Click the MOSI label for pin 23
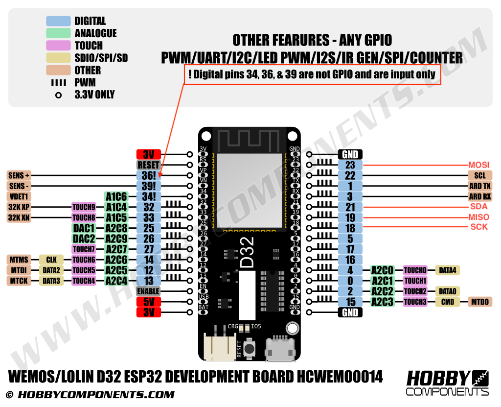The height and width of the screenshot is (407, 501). pos(478,165)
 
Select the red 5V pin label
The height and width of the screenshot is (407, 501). pos(148,302)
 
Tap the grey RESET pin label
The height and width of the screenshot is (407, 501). pos(148,165)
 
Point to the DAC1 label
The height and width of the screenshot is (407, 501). pos(84,228)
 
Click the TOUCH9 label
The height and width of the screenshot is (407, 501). pos(84,207)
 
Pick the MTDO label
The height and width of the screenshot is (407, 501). pos(479,302)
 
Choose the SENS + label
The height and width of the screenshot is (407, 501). pos(19,175)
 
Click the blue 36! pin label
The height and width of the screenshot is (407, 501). pos(148,175)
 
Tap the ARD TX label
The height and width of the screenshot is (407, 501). pos(479,186)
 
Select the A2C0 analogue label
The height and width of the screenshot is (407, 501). pos(382,270)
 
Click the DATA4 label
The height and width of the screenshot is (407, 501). pos(447,270)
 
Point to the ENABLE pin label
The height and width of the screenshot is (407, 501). pos(148,291)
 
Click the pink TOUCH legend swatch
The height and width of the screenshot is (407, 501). pos(58,46)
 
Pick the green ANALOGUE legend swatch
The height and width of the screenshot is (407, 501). pos(58,33)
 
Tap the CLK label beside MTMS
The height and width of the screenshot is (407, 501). pos(51,260)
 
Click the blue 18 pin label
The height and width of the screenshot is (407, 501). pos(350,228)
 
